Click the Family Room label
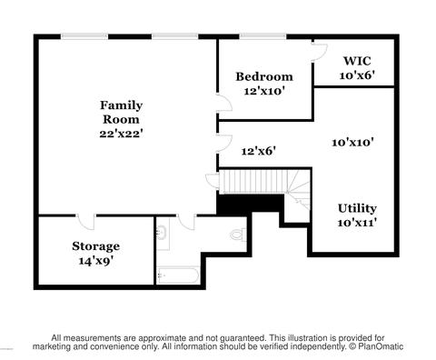coord(121,112)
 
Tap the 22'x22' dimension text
coord(121,134)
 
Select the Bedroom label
coord(264,76)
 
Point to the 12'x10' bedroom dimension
coord(264,91)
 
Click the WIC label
coord(357,61)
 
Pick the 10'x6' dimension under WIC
coord(357,75)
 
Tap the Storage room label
coord(95,246)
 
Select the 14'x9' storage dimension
coord(95,261)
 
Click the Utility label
coord(357,208)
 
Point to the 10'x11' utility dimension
coord(357,223)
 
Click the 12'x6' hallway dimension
coord(259,151)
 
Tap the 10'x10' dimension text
coord(352,142)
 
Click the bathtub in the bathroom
coord(179,275)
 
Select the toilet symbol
coord(238,235)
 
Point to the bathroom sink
coord(162,234)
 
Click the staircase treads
coord(254,182)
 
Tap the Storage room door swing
coord(85,222)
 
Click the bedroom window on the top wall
coord(263,36)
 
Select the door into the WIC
coord(321,52)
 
